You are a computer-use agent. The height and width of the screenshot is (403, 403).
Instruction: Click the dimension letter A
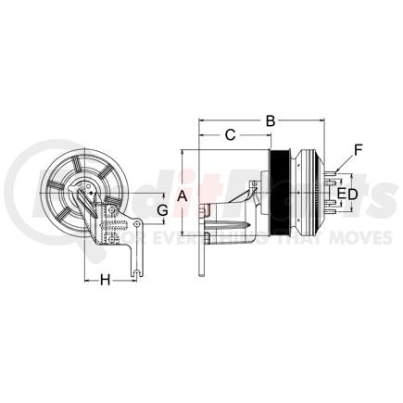[183, 195]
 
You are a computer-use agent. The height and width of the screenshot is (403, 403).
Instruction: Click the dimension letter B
[271, 120]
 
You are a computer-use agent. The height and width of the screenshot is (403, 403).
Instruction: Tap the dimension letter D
[353, 195]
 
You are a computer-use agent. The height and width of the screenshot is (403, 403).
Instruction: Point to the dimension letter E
[342, 195]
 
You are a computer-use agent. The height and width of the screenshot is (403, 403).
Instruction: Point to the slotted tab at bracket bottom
[136, 269]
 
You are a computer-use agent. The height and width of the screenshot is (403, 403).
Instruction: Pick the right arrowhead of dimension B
[320, 120]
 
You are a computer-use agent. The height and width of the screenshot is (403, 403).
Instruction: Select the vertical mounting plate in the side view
[200, 241]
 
